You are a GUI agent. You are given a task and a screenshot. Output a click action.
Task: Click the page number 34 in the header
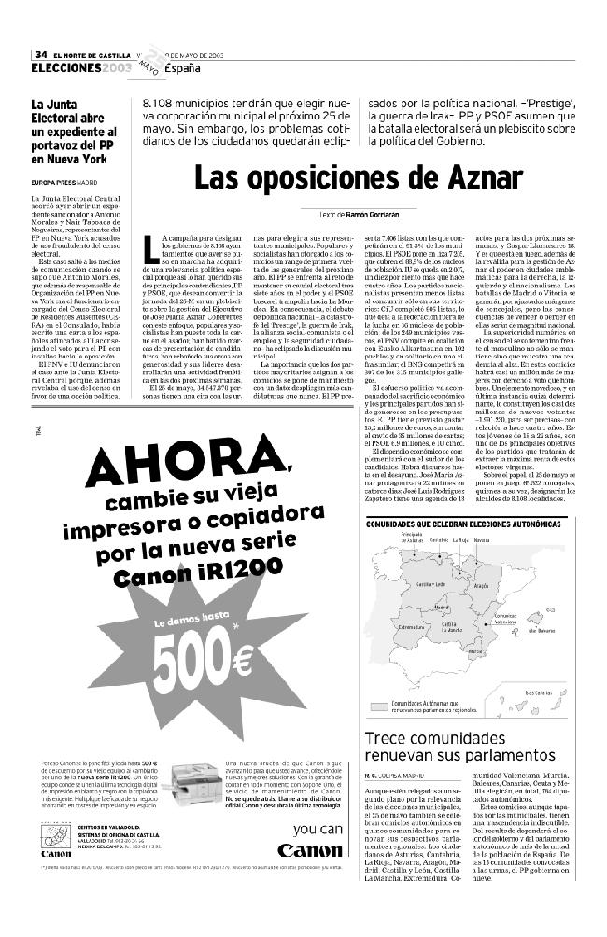pos(41,54)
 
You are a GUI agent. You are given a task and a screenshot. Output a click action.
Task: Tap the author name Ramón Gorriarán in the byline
pos(358,215)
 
